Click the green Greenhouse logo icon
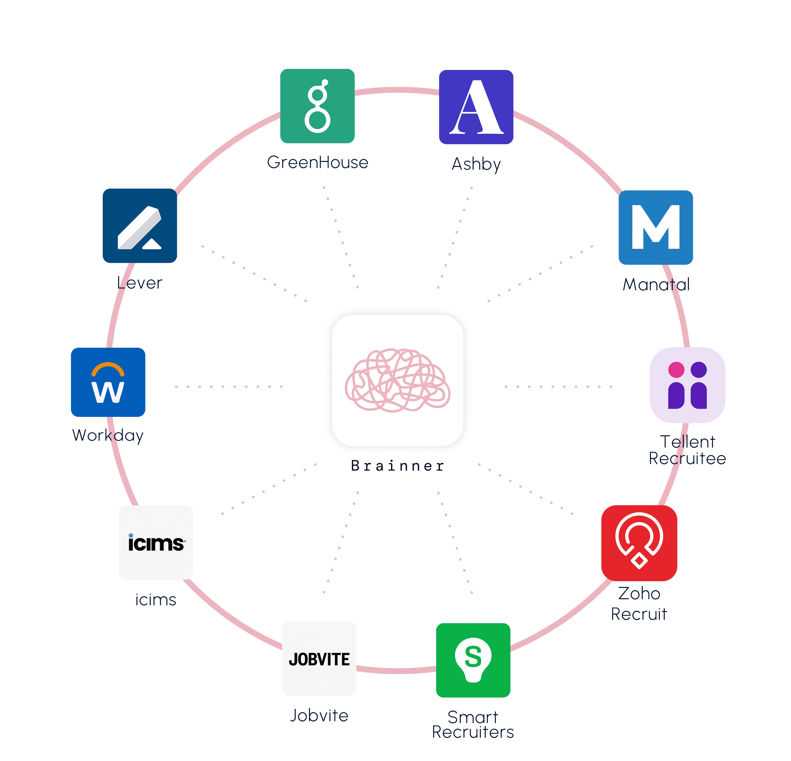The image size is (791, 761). point(317,106)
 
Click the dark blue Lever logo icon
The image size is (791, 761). point(140,226)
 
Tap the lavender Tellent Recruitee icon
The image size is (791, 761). point(687,385)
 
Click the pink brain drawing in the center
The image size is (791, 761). point(398,380)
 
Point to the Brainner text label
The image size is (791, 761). point(398,466)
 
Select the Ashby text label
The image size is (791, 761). point(476,164)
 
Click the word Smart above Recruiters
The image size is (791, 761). point(473,717)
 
